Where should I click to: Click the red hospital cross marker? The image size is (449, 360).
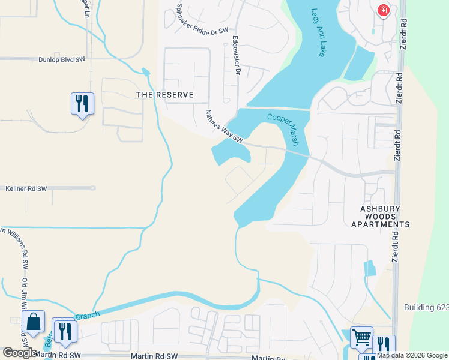click(x=383, y=11)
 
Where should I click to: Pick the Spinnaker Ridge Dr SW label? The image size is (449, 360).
click(x=202, y=19)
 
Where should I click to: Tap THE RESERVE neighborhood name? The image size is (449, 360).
click(x=165, y=95)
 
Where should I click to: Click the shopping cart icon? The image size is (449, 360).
click(x=361, y=337)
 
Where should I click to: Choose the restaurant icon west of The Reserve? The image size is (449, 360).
click(x=82, y=103)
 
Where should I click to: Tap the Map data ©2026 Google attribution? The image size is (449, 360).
click(x=412, y=355)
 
